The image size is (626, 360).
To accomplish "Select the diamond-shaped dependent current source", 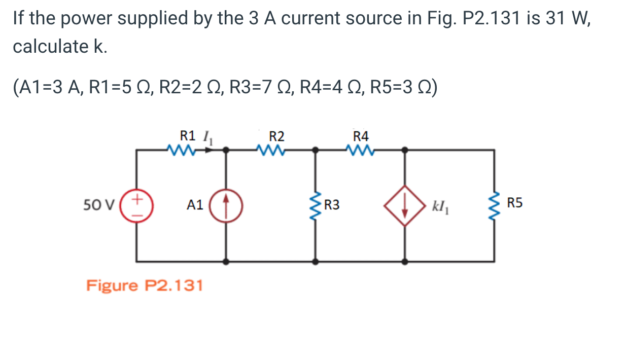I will pyautogui.click(x=404, y=205).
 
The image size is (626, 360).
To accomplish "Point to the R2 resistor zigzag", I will pyautogui.click(x=270, y=150).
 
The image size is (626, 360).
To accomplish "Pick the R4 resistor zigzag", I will pyautogui.click(x=360, y=150).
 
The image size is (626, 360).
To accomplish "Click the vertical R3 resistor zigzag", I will pyautogui.click(x=316, y=206).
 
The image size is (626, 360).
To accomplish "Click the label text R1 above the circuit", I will pyautogui.click(x=188, y=135).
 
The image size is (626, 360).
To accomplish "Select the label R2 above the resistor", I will pyautogui.click(x=276, y=136).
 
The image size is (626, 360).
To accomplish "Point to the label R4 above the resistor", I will pyautogui.click(x=361, y=136).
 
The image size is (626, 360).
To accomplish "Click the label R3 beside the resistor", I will pyautogui.click(x=332, y=205).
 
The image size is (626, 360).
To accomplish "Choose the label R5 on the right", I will pyautogui.click(x=514, y=204).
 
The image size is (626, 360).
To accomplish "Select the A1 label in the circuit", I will pyautogui.click(x=195, y=205).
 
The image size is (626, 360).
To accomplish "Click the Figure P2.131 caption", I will pyautogui.click(x=145, y=285).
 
